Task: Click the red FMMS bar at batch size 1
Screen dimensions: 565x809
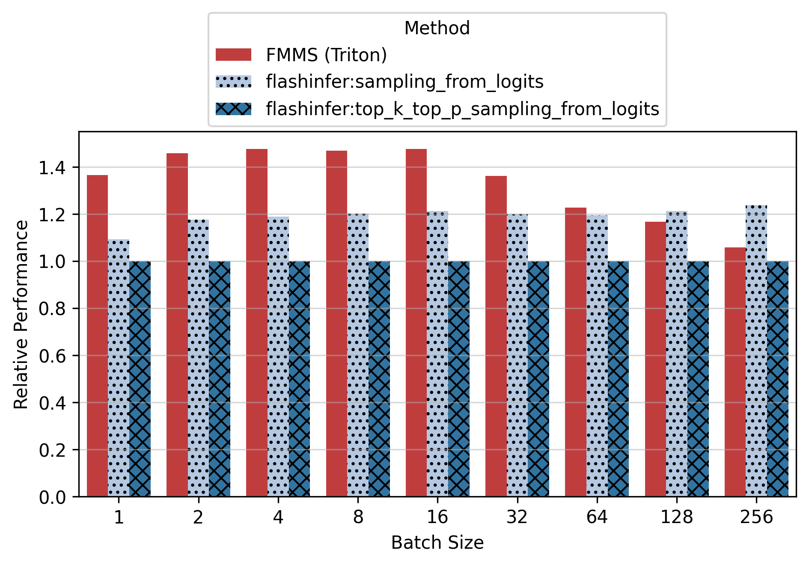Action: (x=97, y=336)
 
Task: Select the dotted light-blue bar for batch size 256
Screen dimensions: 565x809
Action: (x=756, y=351)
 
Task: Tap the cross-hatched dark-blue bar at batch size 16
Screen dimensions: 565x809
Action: (x=459, y=379)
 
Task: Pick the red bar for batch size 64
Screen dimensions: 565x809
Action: (x=575, y=352)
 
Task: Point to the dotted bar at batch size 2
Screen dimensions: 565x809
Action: (x=198, y=358)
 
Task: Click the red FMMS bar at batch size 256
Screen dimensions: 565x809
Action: (x=735, y=372)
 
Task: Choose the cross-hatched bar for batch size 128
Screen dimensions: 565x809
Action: (x=698, y=379)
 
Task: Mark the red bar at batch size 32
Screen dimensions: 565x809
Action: (x=496, y=336)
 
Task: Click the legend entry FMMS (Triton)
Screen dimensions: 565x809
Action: (x=326, y=55)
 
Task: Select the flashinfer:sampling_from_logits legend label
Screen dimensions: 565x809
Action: (x=404, y=82)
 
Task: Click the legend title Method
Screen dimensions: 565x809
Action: (x=437, y=28)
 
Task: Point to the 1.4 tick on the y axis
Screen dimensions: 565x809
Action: (x=52, y=168)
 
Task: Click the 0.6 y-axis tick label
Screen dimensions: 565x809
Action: (x=52, y=356)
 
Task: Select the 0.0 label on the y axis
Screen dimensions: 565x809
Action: (x=52, y=497)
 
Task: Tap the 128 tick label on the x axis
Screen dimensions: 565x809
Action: (x=676, y=517)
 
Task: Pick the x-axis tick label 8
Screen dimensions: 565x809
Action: (x=358, y=517)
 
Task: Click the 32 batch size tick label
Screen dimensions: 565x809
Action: (x=517, y=517)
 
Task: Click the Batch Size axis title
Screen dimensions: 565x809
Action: (x=437, y=543)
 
